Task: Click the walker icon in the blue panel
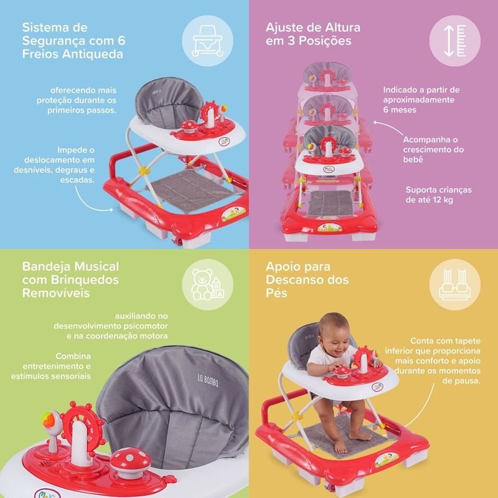[207, 41]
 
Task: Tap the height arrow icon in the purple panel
[455, 40]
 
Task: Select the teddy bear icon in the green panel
[207, 284]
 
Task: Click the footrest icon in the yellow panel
[455, 284]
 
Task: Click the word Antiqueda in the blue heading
[92, 54]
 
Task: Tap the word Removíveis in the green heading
[56, 293]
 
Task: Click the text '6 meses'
[400, 110]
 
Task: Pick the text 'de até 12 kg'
[429, 200]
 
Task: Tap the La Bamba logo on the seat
[208, 380]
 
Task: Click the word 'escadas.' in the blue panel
[77, 180]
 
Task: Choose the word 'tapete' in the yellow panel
[467, 341]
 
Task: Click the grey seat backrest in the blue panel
[169, 102]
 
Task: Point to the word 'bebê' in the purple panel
[413, 159]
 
